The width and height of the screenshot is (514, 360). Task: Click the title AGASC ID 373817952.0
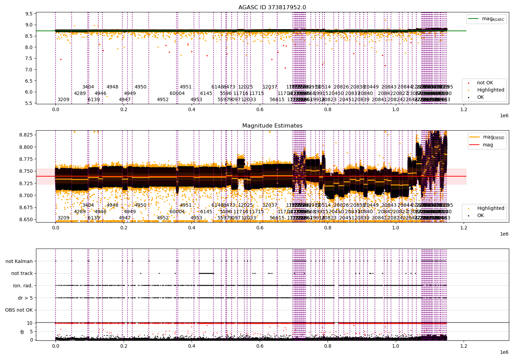[x=272, y=7]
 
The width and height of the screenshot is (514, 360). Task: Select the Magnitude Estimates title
[x=272, y=126]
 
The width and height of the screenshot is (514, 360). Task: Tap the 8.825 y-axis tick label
[x=26, y=135]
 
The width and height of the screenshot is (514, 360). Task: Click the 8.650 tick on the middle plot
[x=26, y=219]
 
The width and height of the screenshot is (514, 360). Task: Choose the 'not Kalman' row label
[x=19, y=261]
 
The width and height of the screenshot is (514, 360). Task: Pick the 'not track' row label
[x=22, y=273]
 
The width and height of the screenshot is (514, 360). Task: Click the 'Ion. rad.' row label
[x=23, y=286]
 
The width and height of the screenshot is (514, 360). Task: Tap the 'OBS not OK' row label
[x=19, y=310]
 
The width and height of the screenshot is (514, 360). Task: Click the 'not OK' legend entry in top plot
[x=485, y=83]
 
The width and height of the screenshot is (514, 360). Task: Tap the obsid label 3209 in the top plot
[x=63, y=100]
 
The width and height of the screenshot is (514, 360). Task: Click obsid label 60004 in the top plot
[x=177, y=93]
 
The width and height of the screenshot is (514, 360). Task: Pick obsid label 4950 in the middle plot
[x=140, y=205]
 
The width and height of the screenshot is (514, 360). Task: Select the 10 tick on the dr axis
[x=29, y=323]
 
